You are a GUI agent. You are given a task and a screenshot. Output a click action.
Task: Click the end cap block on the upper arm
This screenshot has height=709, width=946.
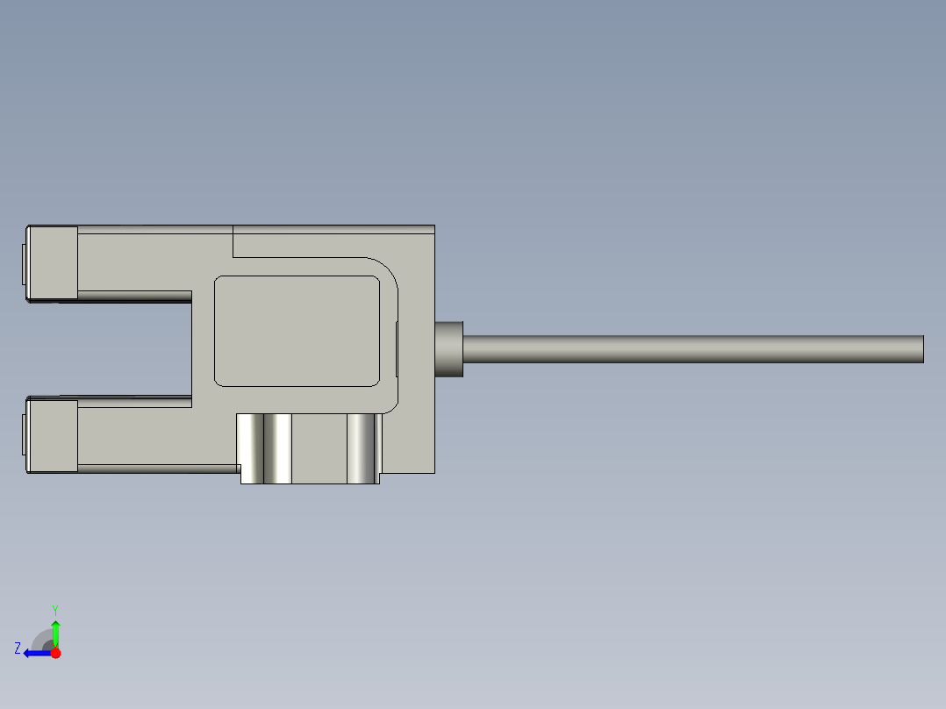[53, 261]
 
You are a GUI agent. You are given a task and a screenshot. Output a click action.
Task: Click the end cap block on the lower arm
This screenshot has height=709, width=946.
[53, 435]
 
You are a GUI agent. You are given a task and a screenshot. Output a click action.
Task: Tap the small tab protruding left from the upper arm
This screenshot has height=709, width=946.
[23, 264]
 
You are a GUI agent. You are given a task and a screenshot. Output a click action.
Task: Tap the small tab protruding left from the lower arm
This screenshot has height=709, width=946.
[23, 436]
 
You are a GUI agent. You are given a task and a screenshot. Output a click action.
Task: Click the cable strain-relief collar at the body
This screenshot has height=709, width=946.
[449, 348]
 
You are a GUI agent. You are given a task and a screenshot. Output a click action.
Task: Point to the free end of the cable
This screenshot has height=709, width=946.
[921, 348]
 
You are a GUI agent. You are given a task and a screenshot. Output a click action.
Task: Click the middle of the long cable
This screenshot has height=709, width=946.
[693, 348]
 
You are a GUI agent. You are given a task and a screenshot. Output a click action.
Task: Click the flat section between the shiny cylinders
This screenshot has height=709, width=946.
[319, 448]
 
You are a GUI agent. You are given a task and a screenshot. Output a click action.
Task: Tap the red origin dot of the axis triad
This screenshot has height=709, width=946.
[55, 653]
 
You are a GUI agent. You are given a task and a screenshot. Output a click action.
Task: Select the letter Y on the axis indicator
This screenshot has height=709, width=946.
[54, 609]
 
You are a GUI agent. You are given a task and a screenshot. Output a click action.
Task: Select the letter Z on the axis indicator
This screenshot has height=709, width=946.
[18, 648]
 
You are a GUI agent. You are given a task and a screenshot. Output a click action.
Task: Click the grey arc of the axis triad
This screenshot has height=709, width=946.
[41, 638]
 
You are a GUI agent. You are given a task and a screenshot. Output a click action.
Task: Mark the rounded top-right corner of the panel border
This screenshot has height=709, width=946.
[386, 270]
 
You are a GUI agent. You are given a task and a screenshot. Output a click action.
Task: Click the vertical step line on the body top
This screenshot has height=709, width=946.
[233, 241]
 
